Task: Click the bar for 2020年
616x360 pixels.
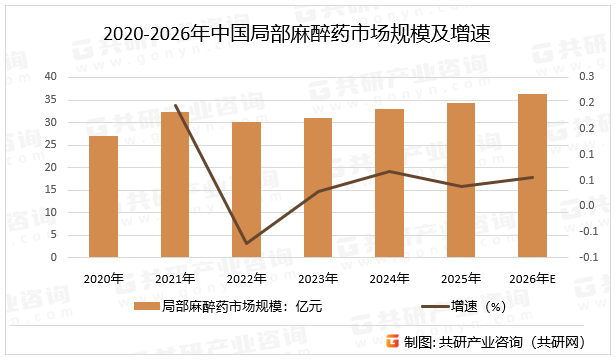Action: pyautogui.click(x=103, y=196)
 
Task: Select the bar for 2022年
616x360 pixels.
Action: pyautogui.click(x=246, y=189)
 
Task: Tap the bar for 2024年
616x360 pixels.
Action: pyautogui.click(x=389, y=183)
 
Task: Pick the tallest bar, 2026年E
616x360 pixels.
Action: pyautogui.click(x=532, y=175)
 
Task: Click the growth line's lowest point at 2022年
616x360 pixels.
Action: pyautogui.click(x=246, y=243)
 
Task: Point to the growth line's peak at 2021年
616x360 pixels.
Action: pyautogui.click(x=175, y=105)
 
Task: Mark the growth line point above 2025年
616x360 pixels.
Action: pyautogui.click(x=461, y=186)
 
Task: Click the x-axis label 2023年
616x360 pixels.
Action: pyautogui.click(x=318, y=278)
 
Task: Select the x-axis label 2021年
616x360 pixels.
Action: pyautogui.click(x=175, y=278)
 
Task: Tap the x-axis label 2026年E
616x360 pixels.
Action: pyautogui.click(x=532, y=278)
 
